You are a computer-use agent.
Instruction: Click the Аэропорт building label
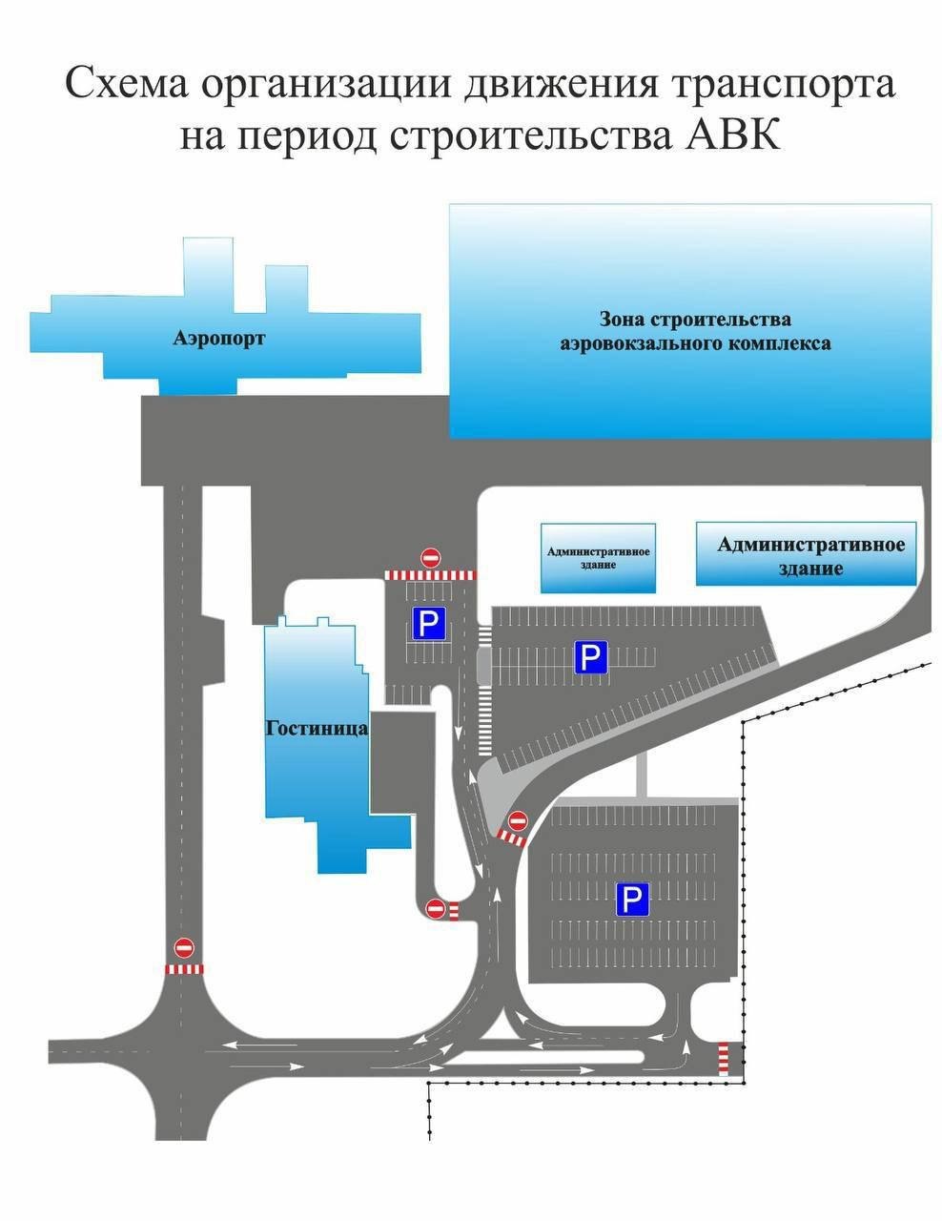[218, 339]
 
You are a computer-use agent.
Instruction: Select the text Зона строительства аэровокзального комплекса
[694, 331]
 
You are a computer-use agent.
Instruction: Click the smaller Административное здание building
[598, 557]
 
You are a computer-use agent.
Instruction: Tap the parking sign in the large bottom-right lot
[632, 900]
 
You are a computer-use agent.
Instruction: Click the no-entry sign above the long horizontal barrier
[431, 557]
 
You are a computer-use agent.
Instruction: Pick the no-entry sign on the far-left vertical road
[184, 947]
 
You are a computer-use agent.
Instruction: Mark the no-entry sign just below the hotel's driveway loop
[436, 908]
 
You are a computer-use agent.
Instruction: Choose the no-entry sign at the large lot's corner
[519, 819]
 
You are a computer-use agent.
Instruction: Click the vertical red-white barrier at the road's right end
[723, 1058]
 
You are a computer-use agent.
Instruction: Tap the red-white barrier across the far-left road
[184, 969]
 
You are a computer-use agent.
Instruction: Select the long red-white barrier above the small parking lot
[430, 575]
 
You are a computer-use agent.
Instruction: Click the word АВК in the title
[733, 135]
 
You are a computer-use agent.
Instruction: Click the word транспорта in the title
[785, 84]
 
